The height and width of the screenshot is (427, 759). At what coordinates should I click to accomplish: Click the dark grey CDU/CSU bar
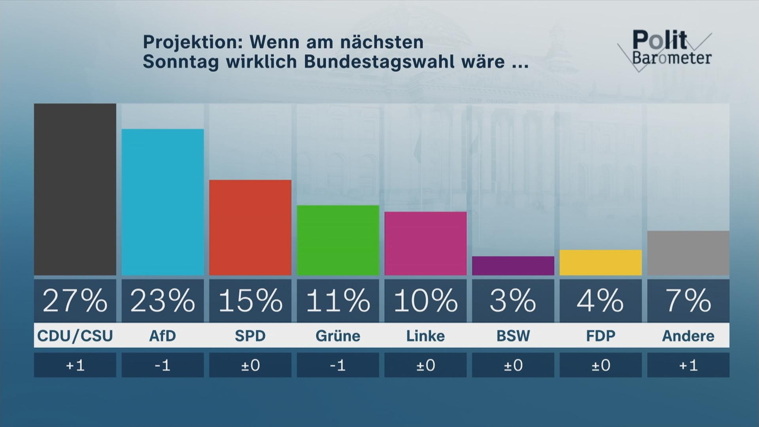pos(75,189)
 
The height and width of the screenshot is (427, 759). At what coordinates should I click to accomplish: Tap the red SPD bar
pos(250,227)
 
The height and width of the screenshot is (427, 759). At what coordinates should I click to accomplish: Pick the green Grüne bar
pos(338,240)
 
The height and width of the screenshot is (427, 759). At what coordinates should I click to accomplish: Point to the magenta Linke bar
pos(425,243)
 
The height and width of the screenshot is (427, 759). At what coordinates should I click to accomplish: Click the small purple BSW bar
pos(513,266)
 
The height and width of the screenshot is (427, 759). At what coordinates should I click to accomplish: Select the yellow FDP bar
pos(600,263)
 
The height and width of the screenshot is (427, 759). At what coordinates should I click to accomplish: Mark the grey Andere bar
pos(688,253)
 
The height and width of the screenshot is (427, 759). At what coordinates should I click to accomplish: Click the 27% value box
pos(75,301)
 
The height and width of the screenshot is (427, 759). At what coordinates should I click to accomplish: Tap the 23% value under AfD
pos(162,301)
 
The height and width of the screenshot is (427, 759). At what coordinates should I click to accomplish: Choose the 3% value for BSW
pos(513,301)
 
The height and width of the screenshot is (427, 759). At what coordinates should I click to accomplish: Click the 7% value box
pos(688,301)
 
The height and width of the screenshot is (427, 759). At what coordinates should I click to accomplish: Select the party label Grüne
pos(338,336)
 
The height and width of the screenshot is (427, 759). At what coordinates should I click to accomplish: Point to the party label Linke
pos(425,336)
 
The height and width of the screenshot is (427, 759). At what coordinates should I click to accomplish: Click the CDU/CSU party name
pos(75,336)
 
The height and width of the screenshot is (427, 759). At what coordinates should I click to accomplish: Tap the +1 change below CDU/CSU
pos(75,365)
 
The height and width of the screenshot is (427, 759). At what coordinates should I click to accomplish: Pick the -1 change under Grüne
pos(338,365)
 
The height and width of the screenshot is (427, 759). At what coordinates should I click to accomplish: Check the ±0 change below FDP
pos(600,365)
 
